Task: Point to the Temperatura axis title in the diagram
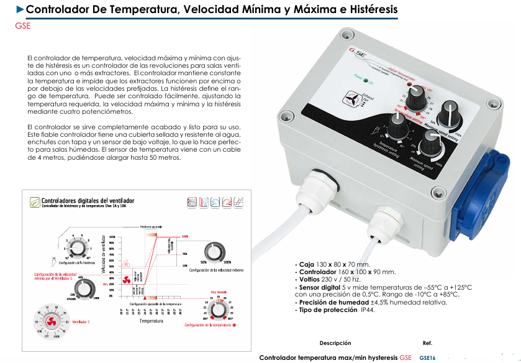pyautogui.click(x=151, y=321)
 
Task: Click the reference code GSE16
pyautogui.click(x=428, y=357)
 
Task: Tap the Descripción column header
pyautogui.click(x=335, y=343)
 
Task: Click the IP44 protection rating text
pyautogui.click(x=368, y=309)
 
